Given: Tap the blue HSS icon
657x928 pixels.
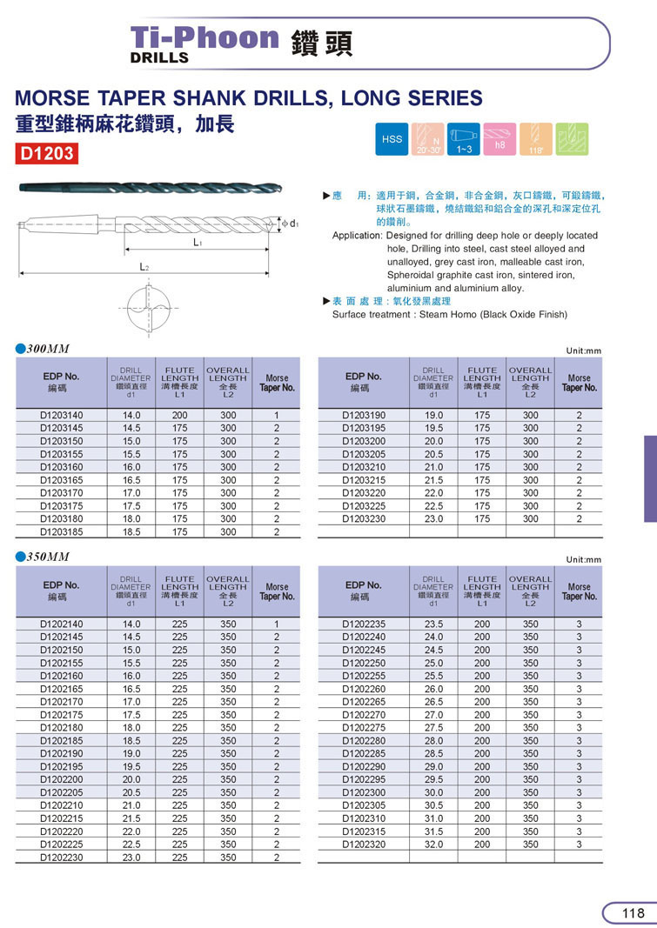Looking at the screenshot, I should click(392, 139).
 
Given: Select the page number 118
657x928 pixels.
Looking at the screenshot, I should click(633, 912).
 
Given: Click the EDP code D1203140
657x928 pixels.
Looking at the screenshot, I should click(62, 416).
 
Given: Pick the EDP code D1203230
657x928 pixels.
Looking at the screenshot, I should click(363, 519).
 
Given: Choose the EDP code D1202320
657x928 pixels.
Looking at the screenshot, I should click(363, 844).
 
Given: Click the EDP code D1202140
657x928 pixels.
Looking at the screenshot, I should click(62, 624).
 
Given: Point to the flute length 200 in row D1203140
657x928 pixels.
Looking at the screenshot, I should click(180, 416).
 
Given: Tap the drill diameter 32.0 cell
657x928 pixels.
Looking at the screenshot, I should click(433, 844).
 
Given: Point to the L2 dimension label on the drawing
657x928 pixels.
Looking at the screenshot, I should click(145, 268).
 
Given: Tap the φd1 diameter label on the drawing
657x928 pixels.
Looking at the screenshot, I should click(291, 224).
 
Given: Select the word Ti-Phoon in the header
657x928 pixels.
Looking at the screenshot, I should click(204, 37).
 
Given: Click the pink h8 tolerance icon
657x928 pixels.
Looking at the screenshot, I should click(499, 139).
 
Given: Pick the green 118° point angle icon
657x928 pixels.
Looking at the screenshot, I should click(537, 139).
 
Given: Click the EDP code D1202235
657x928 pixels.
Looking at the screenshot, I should click(363, 624).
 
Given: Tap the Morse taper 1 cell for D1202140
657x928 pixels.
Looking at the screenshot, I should click(277, 624).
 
